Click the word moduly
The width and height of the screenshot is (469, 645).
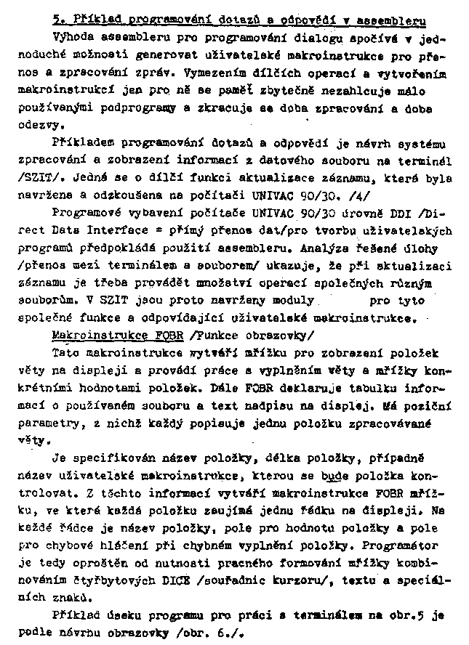pyautogui.click(x=293, y=299)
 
